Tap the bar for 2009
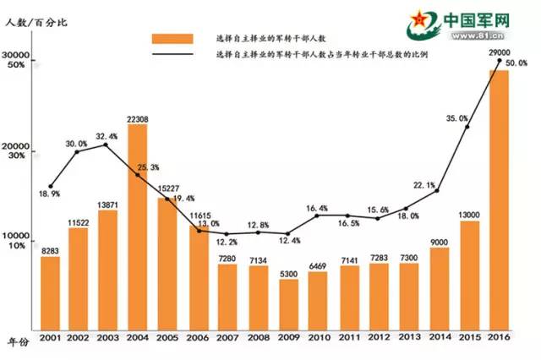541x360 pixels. coord(288,304)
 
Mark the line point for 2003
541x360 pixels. coord(106,145)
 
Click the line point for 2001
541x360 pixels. coord(51,186)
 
